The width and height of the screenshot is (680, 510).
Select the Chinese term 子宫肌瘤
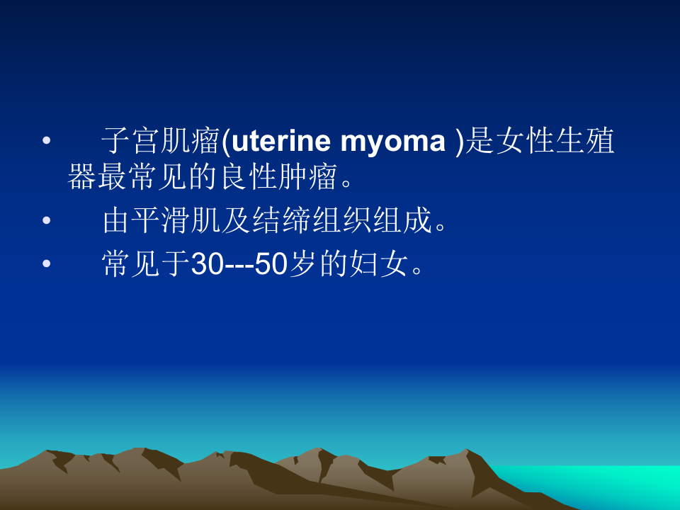pyautogui.click(x=161, y=142)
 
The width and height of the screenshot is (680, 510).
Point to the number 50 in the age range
pyautogui.click(x=271, y=266)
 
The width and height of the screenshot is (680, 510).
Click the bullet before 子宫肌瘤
pyautogui.click(x=47, y=142)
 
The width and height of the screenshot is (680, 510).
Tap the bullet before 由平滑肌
pyautogui.click(x=47, y=222)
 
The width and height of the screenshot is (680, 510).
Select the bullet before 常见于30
pyautogui.click(x=47, y=266)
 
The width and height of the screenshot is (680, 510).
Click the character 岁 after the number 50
pyautogui.click(x=302, y=266)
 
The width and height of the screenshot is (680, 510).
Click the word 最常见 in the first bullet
pyautogui.click(x=130, y=178)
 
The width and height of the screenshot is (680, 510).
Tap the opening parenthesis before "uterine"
pyautogui.click(x=226, y=142)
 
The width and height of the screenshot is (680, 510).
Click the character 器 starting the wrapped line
pyautogui.click(x=81, y=178)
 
